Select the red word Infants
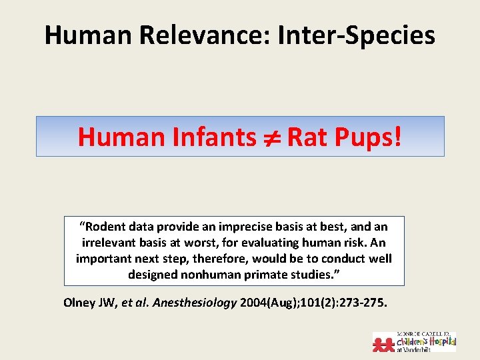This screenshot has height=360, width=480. point(213,137)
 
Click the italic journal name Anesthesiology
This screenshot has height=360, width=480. point(195,302)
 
